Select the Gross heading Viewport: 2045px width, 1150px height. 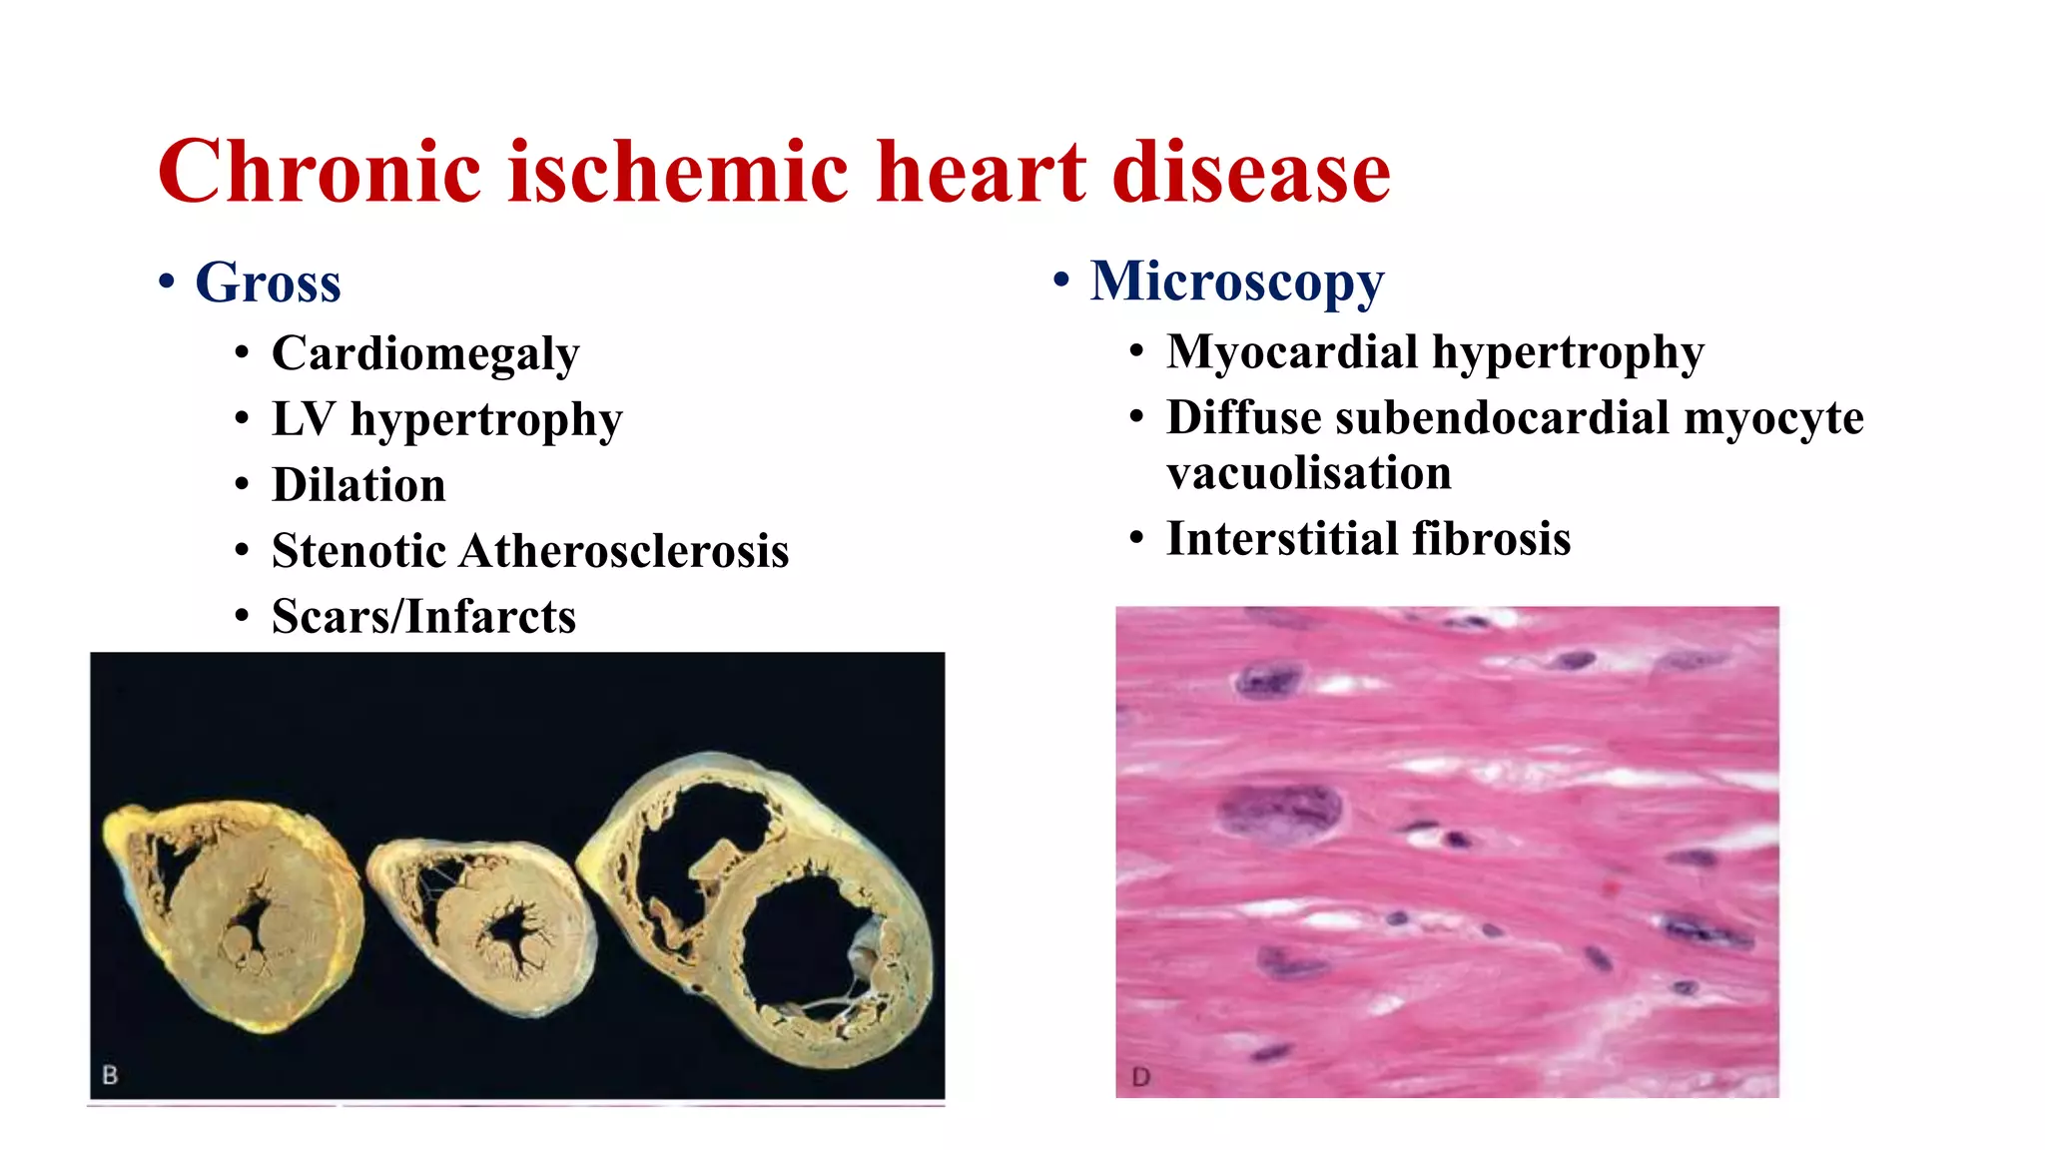(x=268, y=283)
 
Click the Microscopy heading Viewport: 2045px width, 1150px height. (x=1236, y=281)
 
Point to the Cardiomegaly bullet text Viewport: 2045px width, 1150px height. (x=424, y=353)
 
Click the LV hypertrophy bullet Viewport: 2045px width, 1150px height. (x=446, y=419)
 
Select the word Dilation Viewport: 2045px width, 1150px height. (x=358, y=485)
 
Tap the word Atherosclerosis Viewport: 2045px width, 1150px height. (x=623, y=551)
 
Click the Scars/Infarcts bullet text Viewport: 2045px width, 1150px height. (x=423, y=617)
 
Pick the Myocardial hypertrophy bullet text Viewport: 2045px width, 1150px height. (x=1435, y=352)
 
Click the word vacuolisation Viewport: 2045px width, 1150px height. (x=1308, y=473)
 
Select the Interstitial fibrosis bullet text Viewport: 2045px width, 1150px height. (x=1368, y=539)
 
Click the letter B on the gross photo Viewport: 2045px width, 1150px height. (x=110, y=1075)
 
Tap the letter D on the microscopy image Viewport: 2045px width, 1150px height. (x=1140, y=1077)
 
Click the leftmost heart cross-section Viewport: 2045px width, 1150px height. (x=235, y=913)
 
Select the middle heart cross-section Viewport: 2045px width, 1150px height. (x=484, y=923)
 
